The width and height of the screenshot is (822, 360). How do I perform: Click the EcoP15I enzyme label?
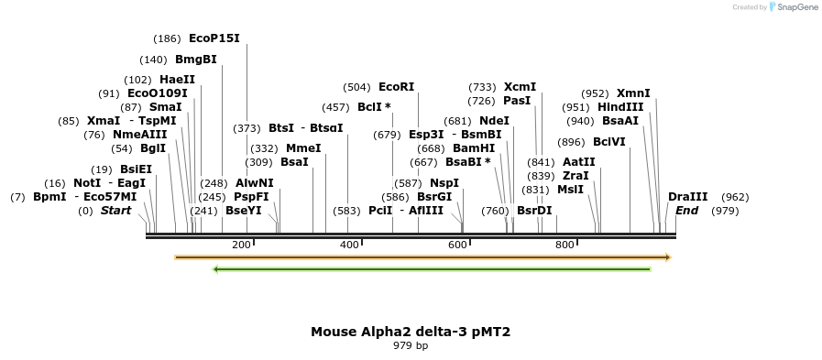point(214,38)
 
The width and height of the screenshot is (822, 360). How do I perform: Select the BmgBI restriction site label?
point(196,60)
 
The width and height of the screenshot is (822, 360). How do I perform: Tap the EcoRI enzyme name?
point(396,87)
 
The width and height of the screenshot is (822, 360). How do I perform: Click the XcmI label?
point(520,87)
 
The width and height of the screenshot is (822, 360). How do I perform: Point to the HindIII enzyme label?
point(620,107)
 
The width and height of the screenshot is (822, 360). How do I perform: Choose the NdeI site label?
point(494,121)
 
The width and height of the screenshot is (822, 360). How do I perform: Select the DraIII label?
point(687,197)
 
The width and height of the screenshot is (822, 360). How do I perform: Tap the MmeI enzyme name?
point(303,148)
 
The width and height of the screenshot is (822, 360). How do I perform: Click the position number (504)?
point(356,87)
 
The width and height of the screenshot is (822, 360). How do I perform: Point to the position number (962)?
point(735,197)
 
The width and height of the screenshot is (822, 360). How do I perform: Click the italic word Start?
point(115,211)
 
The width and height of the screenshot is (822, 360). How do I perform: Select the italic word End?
point(687,211)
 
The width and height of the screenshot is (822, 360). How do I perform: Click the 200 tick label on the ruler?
point(241,245)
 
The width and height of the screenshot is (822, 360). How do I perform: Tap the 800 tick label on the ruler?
point(564,245)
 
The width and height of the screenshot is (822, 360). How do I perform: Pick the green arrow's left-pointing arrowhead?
point(215,269)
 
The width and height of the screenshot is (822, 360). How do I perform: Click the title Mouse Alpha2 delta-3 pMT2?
point(411,332)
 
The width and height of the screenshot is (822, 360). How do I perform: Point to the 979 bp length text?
point(411,346)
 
